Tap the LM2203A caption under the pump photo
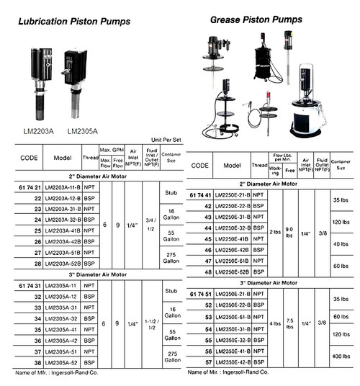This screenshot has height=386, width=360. [x=37, y=130]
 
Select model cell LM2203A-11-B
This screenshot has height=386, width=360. [x=61, y=187]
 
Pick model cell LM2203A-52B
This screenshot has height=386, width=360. [x=62, y=266]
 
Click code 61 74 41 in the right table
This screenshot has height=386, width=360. [x=203, y=195]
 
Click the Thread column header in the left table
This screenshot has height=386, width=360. [x=91, y=158]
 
